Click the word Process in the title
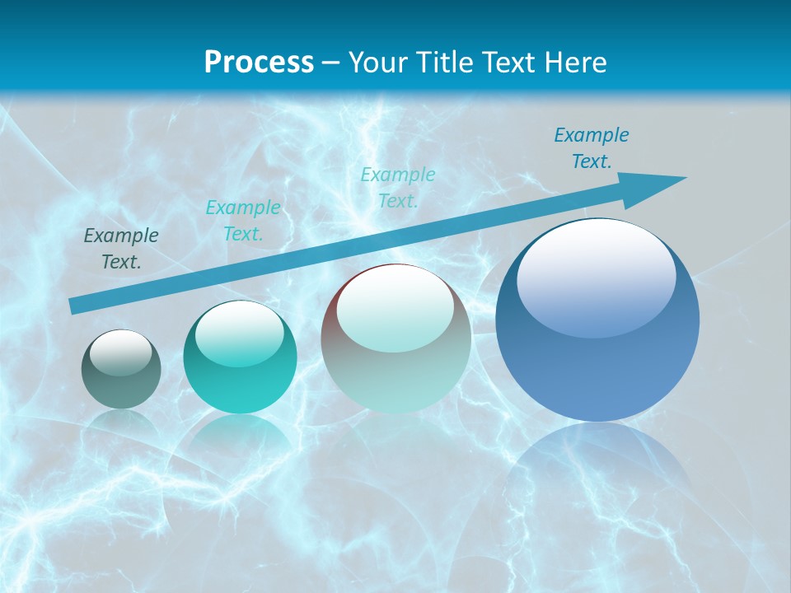point(259,62)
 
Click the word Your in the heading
point(378,62)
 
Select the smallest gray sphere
point(121,370)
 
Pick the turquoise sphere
point(240,357)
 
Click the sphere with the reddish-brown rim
point(395,339)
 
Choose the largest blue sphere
point(597,321)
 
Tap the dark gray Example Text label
point(121,249)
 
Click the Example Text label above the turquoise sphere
point(243,221)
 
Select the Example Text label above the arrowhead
point(591,148)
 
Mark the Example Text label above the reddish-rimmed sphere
point(398,187)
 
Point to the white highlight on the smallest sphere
point(120,353)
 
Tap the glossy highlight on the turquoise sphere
point(240,334)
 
